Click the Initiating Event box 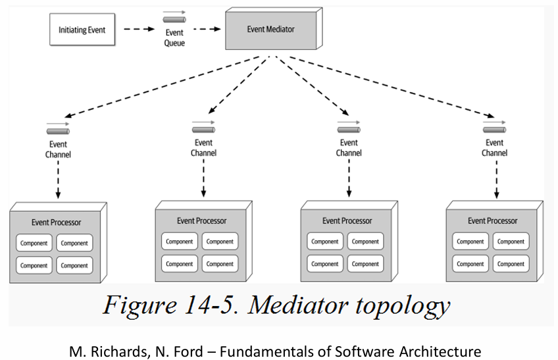tap(82, 30)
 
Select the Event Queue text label tap(174, 38)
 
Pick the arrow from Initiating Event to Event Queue tap(139, 29)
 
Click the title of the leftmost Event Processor tap(57, 222)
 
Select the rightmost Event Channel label tap(494, 148)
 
